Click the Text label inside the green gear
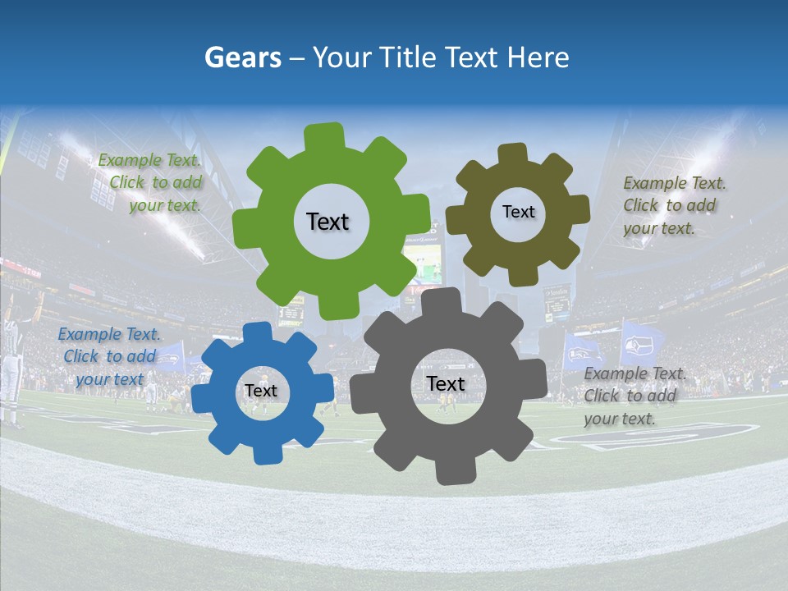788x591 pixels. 328,222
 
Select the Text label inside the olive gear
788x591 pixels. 518,212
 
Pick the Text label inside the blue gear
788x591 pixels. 261,391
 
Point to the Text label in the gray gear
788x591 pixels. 446,383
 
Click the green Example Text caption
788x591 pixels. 150,182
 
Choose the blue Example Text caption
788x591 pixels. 109,356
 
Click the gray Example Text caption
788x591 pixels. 631,396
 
